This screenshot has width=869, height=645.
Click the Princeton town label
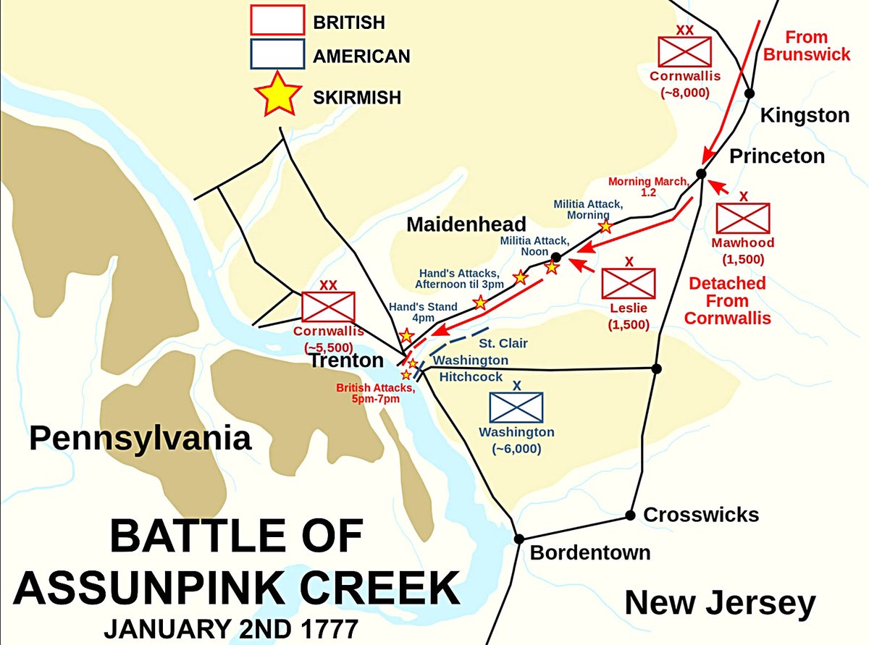[x=776, y=156]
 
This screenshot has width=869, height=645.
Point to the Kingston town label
[x=804, y=115]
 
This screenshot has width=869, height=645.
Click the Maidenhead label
[x=466, y=224]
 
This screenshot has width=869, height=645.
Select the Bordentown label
[x=590, y=553]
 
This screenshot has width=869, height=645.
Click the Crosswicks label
[x=701, y=515]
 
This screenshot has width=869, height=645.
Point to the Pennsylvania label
[x=140, y=439]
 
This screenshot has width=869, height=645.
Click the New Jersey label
[x=720, y=603]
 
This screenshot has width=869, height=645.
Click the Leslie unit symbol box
[x=629, y=283]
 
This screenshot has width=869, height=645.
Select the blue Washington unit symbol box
[x=516, y=407]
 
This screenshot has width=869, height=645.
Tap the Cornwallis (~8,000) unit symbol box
[x=684, y=51]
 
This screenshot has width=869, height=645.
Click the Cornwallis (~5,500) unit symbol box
[x=328, y=307]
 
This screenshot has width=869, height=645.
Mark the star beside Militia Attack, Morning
[x=605, y=227]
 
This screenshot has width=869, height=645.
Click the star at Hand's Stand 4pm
[x=407, y=335]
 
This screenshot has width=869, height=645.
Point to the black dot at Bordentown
[x=519, y=539]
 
